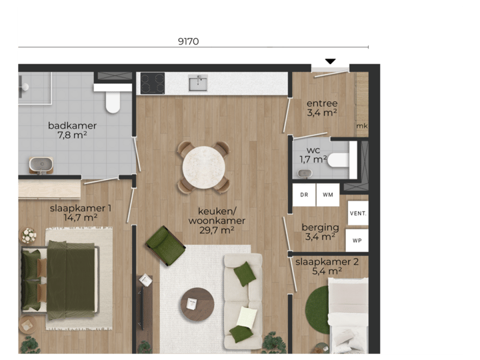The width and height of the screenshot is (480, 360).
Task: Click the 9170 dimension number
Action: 188,41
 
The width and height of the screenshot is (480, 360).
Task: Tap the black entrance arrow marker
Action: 330,62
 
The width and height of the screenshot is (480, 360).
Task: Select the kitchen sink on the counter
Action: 198,83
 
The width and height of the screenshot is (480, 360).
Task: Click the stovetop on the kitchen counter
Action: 152,83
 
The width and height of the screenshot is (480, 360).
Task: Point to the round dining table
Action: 203,167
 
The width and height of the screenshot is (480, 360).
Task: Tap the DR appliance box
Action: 304,195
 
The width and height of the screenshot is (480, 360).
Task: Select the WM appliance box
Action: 327,195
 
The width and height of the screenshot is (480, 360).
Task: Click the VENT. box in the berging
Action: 357,213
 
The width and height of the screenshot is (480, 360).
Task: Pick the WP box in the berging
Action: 357,240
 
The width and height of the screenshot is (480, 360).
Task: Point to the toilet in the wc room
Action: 339,160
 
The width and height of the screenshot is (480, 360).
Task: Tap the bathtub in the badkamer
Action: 41,164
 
